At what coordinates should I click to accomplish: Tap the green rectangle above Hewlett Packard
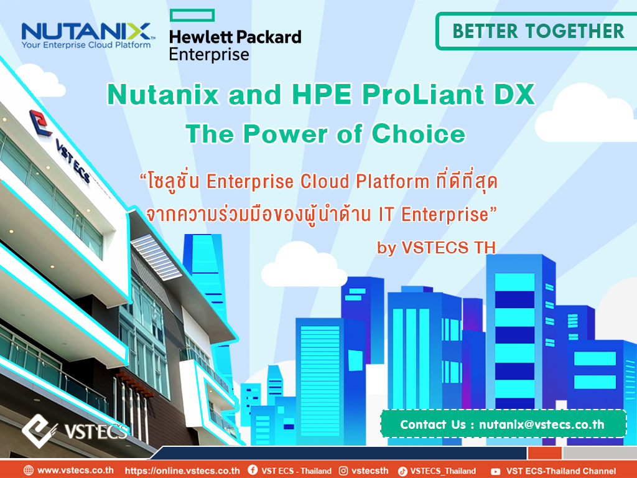pos(192,15)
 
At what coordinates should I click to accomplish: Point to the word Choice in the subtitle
pos(419,134)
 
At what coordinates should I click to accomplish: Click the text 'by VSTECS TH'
pos(436,248)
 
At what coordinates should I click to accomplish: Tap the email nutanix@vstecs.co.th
pos(542,424)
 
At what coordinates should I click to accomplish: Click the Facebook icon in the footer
pos(253,470)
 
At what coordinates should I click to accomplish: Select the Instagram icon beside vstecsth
pos(343,471)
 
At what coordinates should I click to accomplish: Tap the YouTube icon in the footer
pos(495,472)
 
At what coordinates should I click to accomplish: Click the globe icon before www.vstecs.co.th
pos(29,471)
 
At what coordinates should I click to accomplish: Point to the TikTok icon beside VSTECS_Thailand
pos(402,471)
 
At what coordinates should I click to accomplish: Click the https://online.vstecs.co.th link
pos(182,471)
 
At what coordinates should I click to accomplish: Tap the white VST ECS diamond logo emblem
pos(39,431)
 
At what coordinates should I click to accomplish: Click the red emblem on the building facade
pos(40,123)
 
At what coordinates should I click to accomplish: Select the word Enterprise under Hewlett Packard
pos(209,55)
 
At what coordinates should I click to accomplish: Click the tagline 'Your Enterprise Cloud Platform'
pos(86,45)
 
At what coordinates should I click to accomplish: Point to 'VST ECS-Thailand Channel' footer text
pos(561,471)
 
